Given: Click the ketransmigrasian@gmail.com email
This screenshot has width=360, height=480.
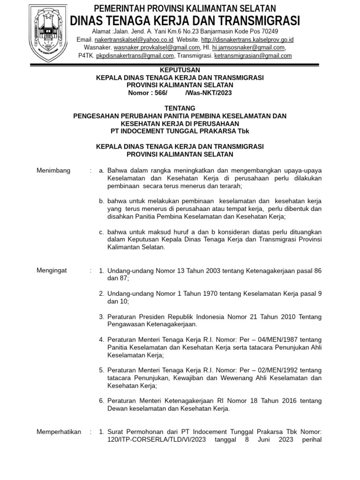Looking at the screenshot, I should (x=253, y=55).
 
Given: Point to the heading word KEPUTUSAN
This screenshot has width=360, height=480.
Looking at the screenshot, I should (x=180, y=70).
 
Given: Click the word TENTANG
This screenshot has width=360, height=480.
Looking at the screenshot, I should (x=180, y=108).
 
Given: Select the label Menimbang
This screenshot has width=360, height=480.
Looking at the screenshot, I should (x=53, y=170).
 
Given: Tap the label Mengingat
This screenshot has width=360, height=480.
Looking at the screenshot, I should (x=52, y=270).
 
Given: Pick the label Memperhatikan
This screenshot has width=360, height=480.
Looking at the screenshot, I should (x=59, y=432).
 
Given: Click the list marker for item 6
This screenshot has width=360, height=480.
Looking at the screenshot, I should (x=101, y=401).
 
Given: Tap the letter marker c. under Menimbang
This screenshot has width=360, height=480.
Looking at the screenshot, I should (x=101, y=232).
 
